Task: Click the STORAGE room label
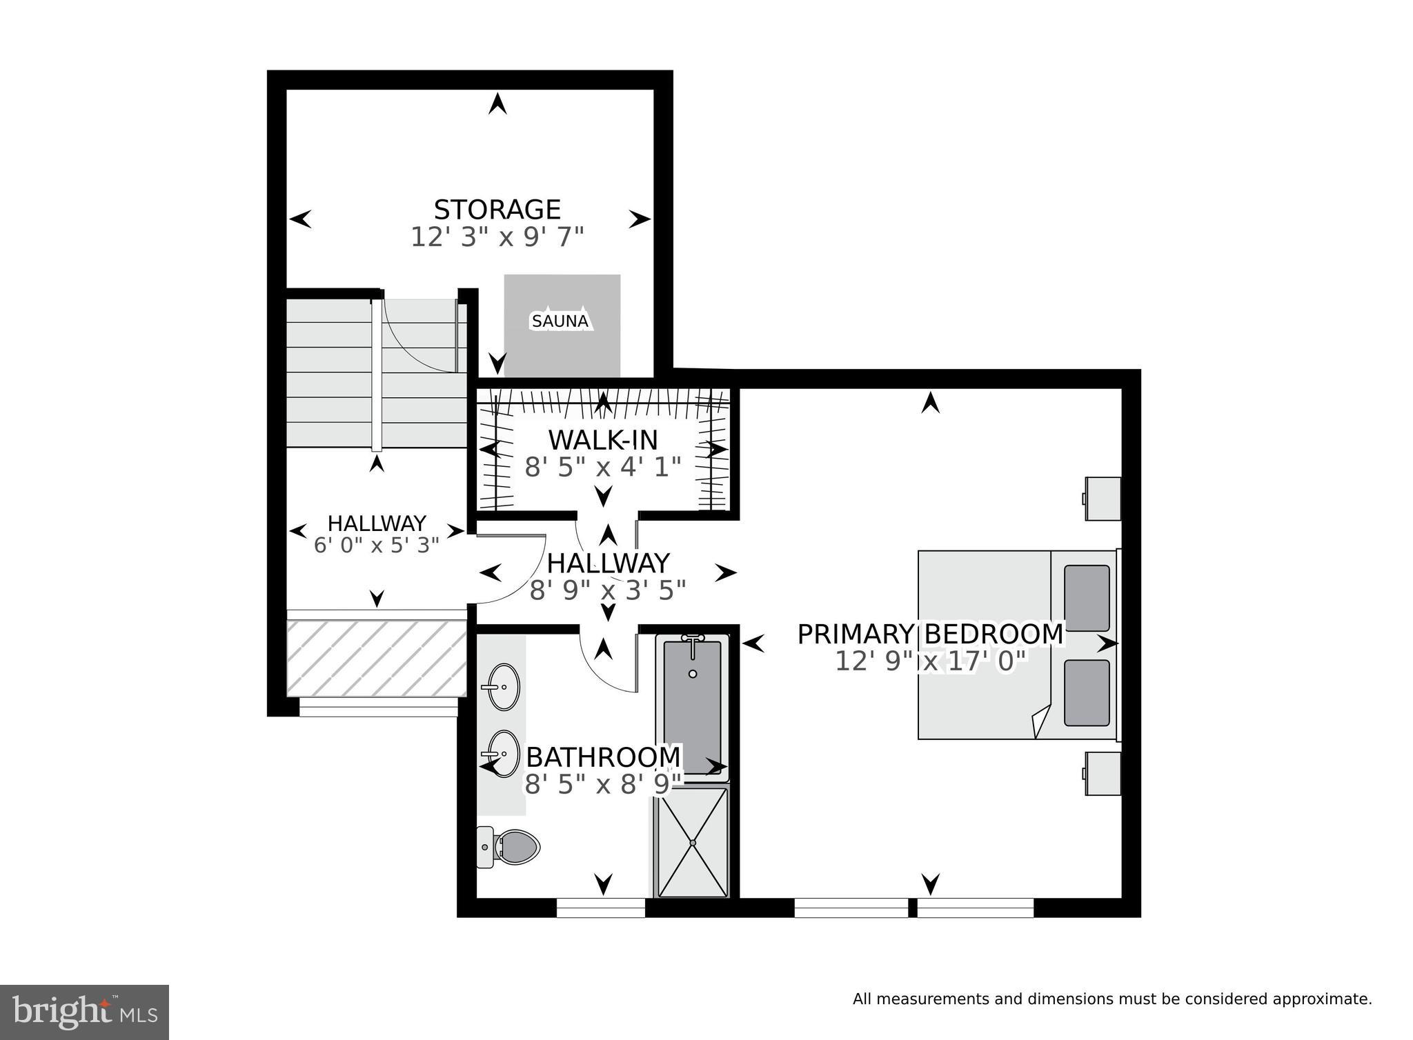pos(497,209)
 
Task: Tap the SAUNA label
pos(560,321)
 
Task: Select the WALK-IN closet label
pos(603,440)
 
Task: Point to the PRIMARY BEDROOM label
pos(930,634)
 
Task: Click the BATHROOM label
pos(604,757)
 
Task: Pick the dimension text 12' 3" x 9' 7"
pos(497,237)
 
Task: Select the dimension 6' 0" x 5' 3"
pos(377,546)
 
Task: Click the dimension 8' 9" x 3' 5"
pos(608,590)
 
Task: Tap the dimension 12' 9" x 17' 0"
pos(931,662)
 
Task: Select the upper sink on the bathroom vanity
pos(504,686)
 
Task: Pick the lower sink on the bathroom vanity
pos(504,753)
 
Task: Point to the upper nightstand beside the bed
pos(1103,498)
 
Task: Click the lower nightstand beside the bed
pos(1103,773)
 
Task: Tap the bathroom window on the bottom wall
pos(601,908)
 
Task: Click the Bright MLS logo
pos(84,1012)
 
